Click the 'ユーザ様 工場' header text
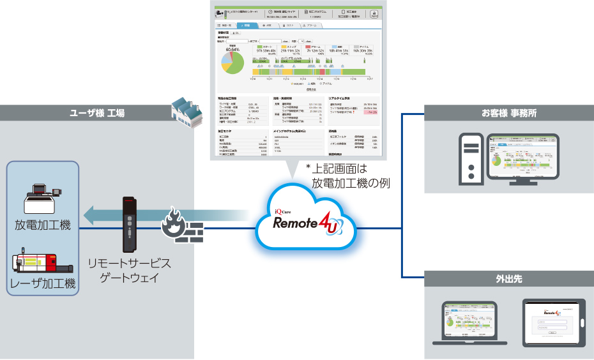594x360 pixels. pos(97,114)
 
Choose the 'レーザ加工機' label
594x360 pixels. pos(43,283)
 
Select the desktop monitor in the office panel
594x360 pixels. pos(522,157)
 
